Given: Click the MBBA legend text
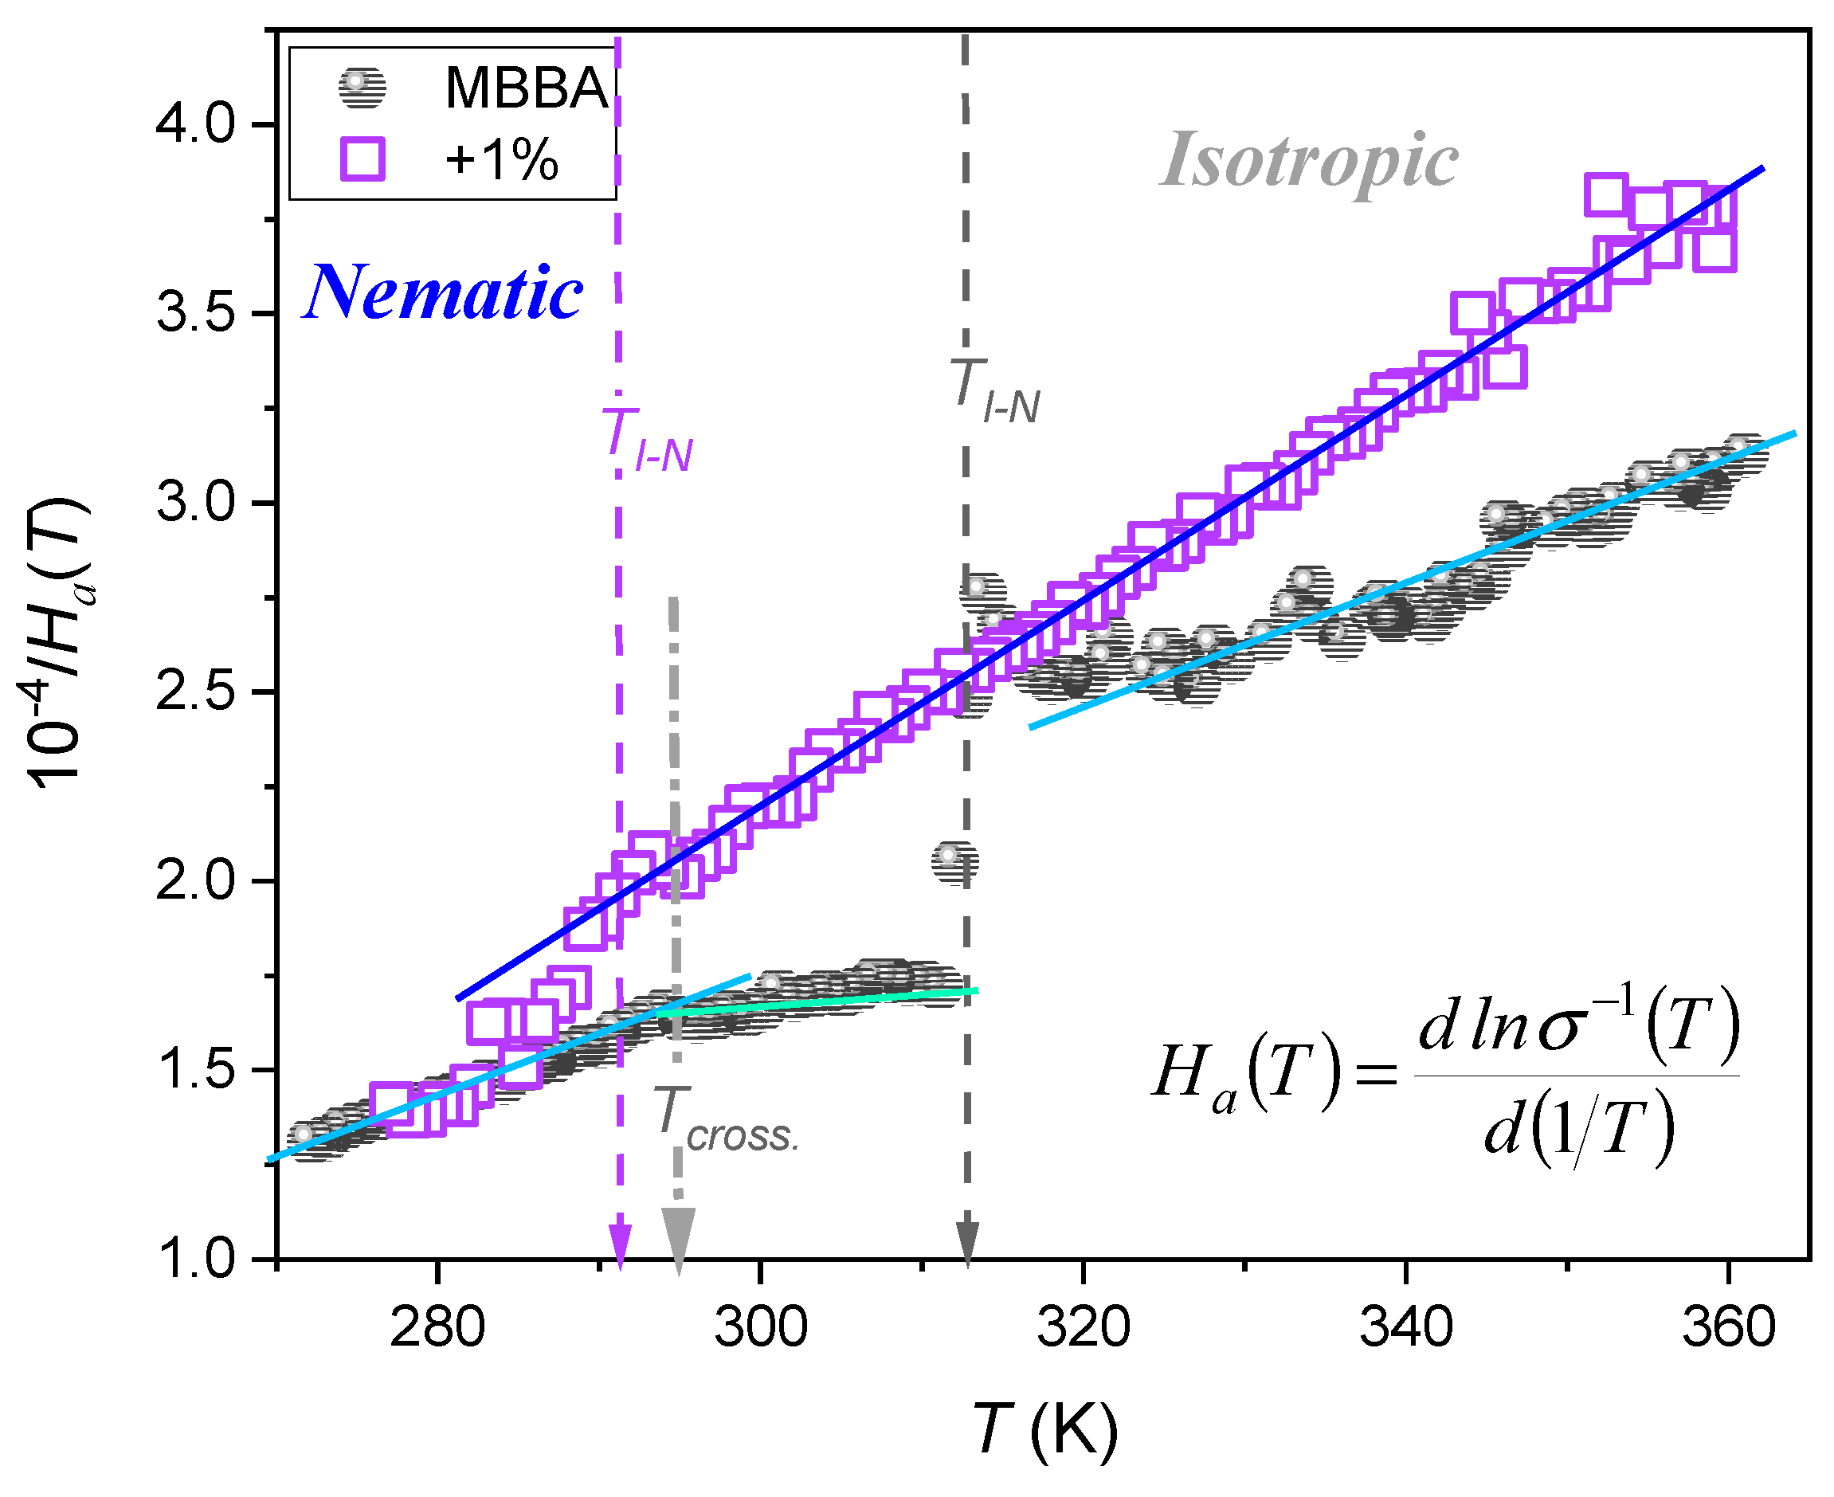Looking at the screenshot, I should [526, 88].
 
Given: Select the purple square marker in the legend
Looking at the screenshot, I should [362, 159].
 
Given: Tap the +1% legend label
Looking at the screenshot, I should [501, 160].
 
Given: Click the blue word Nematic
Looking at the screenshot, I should [443, 294].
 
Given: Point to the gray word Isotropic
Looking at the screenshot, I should [1309, 161].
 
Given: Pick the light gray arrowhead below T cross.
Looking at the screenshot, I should [679, 1238].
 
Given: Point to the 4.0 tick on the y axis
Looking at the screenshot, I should [195, 124].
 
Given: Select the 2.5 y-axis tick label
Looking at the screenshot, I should [195, 692].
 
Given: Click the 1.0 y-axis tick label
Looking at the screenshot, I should [195, 1260].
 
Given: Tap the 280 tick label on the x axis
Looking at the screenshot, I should [437, 1329].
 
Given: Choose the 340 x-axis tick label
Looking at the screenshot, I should [1406, 1329].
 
